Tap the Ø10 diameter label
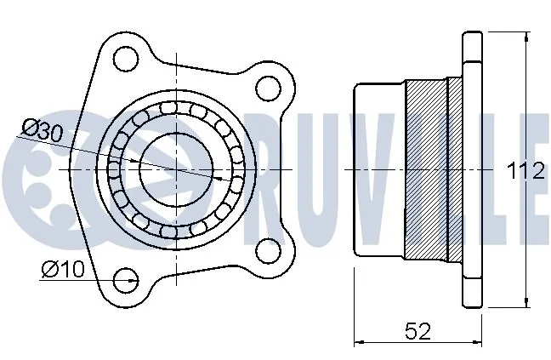coord(61,270)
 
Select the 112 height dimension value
coord(525,171)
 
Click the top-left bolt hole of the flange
coord(125,60)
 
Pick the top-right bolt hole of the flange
coord(268,88)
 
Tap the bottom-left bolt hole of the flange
coord(125,277)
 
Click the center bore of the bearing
coord(176,169)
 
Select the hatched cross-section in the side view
coord(427,170)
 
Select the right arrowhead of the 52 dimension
coord(478,342)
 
